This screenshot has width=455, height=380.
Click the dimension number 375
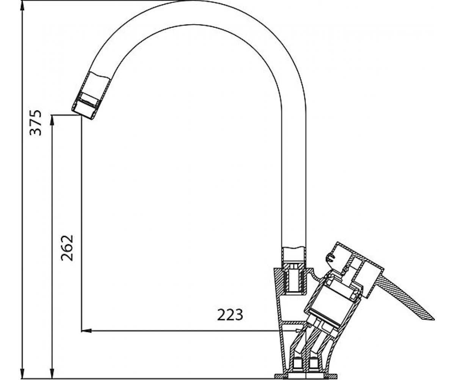pyautogui.click(x=35, y=123)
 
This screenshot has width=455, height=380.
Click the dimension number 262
pyautogui.click(x=67, y=248)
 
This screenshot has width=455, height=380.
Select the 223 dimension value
pyautogui.click(x=230, y=315)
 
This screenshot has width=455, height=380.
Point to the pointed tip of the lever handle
pyautogui.click(x=434, y=320)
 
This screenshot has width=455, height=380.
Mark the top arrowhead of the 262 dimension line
pyautogui.click(x=52, y=121)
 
